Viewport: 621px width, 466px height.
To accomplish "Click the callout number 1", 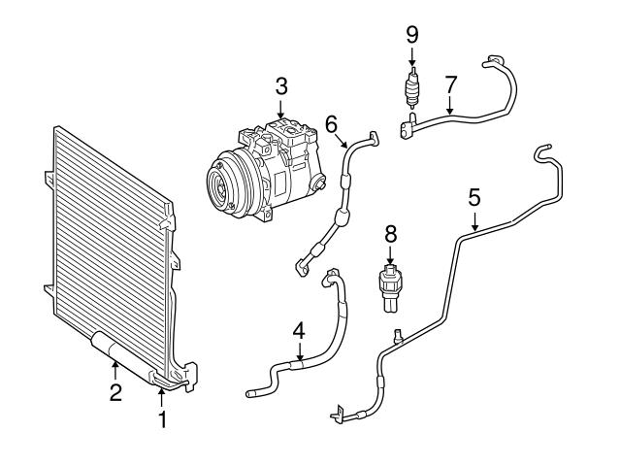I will point(163,419).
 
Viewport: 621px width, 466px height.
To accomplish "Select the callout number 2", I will point(114,392).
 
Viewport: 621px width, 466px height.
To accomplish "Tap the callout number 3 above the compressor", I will point(280,86).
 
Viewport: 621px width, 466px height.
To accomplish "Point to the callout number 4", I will point(299,330).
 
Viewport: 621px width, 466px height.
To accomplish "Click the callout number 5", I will point(474,197).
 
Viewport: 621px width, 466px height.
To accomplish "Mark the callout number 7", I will point(449,84).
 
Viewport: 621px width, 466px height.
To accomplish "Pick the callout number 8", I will point(390,234).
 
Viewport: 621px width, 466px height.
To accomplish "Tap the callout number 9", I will point(411,34).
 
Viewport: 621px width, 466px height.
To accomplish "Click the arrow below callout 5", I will point(474,222).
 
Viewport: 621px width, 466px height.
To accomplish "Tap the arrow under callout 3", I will point(280,112).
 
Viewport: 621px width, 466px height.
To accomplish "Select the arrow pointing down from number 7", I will point(449,109).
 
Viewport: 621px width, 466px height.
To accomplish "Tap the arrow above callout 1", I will point(163,396).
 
